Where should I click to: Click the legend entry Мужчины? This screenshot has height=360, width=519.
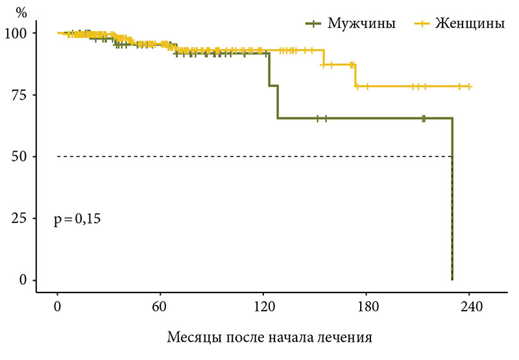(361, 23)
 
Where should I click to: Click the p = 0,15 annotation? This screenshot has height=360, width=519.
(77, 219)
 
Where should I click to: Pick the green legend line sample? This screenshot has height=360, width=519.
(313, 24)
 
